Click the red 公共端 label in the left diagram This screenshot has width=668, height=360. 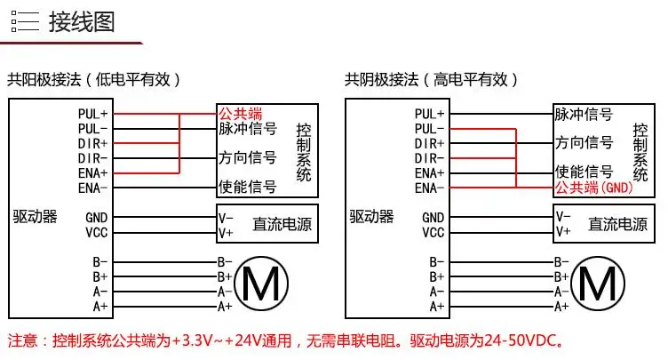[x=241, y=114]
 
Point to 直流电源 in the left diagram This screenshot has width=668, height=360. [x=283, y=224]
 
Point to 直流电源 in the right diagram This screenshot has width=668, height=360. [x=619, y=224]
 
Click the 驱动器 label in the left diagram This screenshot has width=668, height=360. [x=35, y=216]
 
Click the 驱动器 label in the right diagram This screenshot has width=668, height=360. [x=370, y=216]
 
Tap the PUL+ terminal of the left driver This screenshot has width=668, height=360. [x=92, y=114]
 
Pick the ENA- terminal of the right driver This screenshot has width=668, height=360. [x=429, y=188]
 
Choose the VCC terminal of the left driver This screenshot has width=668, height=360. [x=96, y=232]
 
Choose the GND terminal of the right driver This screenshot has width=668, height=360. [x=433, y=217]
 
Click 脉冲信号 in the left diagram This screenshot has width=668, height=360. [x=248, y=129]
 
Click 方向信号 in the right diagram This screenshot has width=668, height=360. [x=584, y=143]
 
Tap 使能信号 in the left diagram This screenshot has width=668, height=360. [x=248, y=188]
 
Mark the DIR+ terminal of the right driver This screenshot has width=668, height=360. [x=429, y=143]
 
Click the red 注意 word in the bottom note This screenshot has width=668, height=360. [x=23, y=340]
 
